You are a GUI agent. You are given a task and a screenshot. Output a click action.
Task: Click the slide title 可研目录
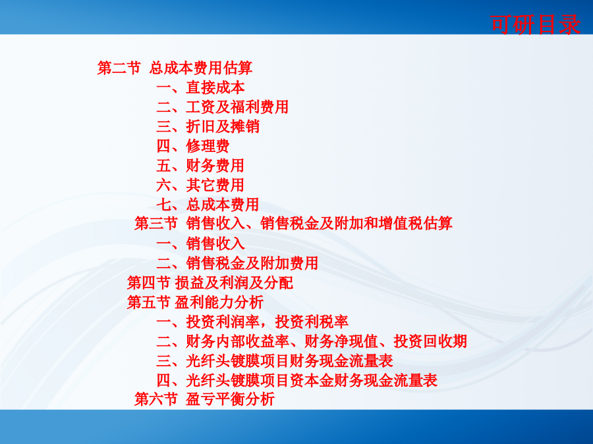pyautogui.click(x=535, y=24)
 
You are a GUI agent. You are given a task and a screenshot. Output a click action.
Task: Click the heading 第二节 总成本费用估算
pyautogui.click(x=175, y=68)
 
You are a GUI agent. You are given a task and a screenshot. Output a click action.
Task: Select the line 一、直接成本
pyautogui.click(x=200, y=87)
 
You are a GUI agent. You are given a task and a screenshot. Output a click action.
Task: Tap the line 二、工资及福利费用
pyautogui.click(x=223, y=107)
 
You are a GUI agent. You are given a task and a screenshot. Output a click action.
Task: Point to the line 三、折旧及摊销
pyautogui.click(x=208, y=126)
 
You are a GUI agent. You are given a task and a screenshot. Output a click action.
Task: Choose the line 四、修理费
pyautogui.click(x=193, y=146)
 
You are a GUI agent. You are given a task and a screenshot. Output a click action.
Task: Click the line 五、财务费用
pyautogui.click(x=200, y=165)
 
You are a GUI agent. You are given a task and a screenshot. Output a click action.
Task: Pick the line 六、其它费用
pyautogui.click(x=200, y=185)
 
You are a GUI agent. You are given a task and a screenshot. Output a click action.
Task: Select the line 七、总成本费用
pyautogui.click(x=208, y=205)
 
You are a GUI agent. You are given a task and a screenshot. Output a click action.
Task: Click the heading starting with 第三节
pyautogui.click(x=293, y=223)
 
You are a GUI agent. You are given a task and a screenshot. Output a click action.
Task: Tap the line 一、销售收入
pyautogui.click(x=200, y=243)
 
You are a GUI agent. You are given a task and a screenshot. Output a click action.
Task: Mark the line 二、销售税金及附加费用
pyautogui.click(x=237, y=263)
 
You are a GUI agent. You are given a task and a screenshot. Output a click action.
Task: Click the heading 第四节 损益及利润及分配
pyautogui.click(x=210, y=282)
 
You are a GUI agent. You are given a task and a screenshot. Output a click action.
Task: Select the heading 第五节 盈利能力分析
pyautogui.click(x=195, y=302)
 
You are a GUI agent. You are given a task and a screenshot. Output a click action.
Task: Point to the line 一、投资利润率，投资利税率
pyautogui.click(x=252, y=322)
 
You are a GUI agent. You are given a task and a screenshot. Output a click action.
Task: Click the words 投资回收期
pyautogui.click(x=430, y=341)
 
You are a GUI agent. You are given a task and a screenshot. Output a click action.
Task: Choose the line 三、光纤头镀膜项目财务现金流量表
pyautogui.click(x=275, y=360)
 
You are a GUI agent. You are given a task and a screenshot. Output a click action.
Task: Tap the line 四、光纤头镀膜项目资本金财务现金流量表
pyautogui.click(x=297, y=380)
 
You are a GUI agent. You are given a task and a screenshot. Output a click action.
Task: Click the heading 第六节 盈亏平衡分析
pyautogui.click(x=205, y=399)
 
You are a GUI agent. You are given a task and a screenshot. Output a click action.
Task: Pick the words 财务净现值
pyautogui.click(x=341, y=341)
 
